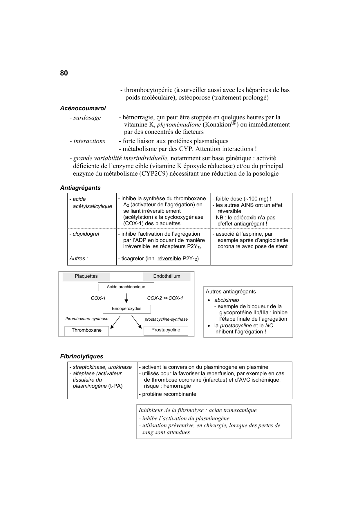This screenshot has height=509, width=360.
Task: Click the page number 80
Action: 64,73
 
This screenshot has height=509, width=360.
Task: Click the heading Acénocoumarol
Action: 83,108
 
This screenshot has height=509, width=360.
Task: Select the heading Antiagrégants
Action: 80,188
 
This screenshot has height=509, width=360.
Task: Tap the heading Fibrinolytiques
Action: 82,356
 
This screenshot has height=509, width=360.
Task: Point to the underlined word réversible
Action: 169,259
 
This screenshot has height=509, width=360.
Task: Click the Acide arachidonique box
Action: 126,287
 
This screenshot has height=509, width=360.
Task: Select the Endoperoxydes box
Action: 126,309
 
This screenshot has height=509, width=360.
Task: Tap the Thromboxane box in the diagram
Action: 86,330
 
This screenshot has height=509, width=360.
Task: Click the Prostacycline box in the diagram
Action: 166,330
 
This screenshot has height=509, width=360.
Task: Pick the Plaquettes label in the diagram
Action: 86,276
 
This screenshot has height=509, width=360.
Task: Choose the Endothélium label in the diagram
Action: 167,276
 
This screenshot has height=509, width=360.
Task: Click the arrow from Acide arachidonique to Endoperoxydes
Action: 126,298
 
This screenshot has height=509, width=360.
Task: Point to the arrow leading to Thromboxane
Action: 115,322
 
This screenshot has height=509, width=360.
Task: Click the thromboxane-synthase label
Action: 87,319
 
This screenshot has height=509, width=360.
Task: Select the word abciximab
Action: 226,300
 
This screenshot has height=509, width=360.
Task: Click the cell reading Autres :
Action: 79,259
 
